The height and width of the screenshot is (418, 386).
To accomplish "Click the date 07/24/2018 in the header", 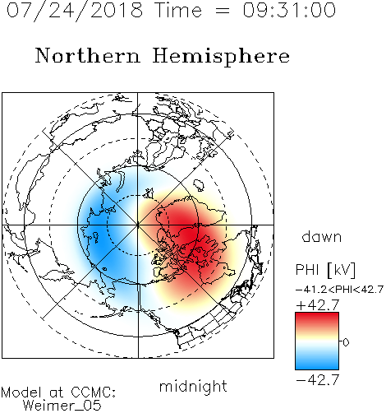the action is coord(75,11).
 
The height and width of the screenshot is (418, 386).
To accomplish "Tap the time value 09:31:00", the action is coord(289,10).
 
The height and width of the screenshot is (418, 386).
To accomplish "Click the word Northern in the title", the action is coord(88,55).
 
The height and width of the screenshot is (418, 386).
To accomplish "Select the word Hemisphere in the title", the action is coord(221,57).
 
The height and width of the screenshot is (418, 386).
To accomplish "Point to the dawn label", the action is coord(321,237).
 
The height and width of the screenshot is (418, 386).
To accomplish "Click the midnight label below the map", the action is coord(193,387).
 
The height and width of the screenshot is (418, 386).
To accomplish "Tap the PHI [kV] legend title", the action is coord(325,270).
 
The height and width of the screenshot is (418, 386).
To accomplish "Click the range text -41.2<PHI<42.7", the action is coord(340,290).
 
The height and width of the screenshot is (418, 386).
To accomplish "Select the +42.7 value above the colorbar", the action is coord(318,305).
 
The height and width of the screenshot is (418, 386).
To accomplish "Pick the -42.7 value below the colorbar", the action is coord(318,380).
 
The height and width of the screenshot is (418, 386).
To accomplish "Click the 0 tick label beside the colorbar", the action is coord(346,342).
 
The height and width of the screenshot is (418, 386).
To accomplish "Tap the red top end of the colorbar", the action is coord(317,315).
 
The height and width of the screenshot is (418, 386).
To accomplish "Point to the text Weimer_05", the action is coord(62,406).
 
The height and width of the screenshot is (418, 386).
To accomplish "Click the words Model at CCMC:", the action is coord(58,392).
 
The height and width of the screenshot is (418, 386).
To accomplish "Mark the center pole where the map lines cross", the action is coord(138,225).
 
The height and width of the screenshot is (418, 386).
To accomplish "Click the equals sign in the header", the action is coord(222,11).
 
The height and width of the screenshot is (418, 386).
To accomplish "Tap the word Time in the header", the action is coord(178,10).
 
